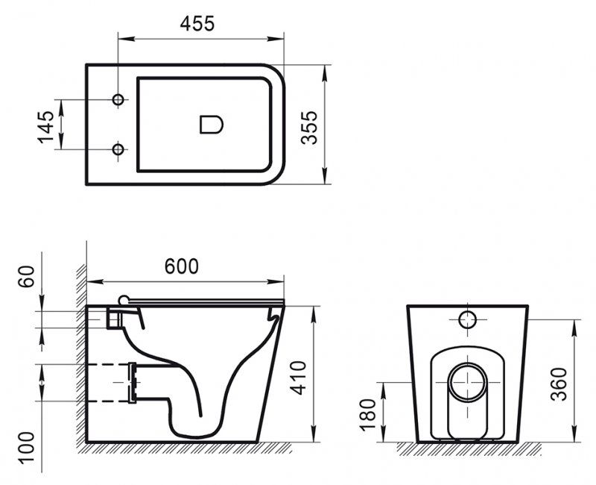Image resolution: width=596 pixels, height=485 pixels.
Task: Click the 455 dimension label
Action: click(197, 23)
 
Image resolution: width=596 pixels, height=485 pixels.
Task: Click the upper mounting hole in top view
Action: click(118, 100)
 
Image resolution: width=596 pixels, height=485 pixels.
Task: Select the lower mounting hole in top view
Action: click(118, 149)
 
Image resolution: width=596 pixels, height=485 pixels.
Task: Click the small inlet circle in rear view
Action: click(467, 319)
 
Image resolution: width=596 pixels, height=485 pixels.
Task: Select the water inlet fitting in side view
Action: click(114, 318)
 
